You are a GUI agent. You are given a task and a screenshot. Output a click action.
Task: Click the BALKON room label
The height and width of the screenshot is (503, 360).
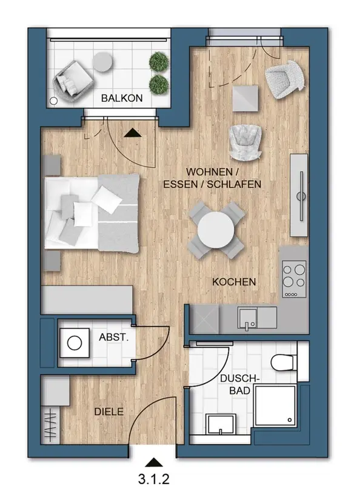point(122,98)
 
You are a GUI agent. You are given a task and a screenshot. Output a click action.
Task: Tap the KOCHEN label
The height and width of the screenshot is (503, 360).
point(234,282)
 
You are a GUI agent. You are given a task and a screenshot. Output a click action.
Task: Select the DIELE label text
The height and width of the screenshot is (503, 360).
point(108,411)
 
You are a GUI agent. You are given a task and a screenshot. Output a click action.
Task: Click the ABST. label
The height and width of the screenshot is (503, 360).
point(113,337)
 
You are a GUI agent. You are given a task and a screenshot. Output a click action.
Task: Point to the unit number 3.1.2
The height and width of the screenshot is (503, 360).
point(154,479)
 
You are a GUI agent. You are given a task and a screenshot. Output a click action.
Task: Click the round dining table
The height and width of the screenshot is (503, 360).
point(216,230)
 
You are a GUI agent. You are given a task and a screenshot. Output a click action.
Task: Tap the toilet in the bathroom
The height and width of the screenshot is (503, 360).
point(284,362)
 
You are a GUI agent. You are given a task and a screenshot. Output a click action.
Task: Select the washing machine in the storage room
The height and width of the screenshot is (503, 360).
point(75,343)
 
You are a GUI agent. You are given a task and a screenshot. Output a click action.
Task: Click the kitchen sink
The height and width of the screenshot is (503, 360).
point(247,318)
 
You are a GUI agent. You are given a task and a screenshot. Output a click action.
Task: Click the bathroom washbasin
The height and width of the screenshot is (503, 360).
point(221,424)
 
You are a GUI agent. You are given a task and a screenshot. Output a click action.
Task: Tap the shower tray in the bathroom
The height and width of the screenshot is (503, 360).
point(275,406)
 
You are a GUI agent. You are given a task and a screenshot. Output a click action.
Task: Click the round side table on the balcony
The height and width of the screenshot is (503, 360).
point(102,62)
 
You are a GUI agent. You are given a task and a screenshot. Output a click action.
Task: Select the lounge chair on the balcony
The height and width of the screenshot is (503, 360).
point(73,81)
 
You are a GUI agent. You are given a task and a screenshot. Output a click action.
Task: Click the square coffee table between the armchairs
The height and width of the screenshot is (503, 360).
point(245,98)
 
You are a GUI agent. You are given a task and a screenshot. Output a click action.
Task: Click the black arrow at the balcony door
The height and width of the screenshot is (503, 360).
point(133,133)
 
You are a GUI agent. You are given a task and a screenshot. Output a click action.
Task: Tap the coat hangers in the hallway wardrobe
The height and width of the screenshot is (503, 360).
point(51,425)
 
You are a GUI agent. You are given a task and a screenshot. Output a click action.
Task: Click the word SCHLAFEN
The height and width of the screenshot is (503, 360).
point(234,184)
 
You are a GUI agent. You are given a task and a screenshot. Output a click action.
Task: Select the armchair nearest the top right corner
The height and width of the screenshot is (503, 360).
point(285,79)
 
